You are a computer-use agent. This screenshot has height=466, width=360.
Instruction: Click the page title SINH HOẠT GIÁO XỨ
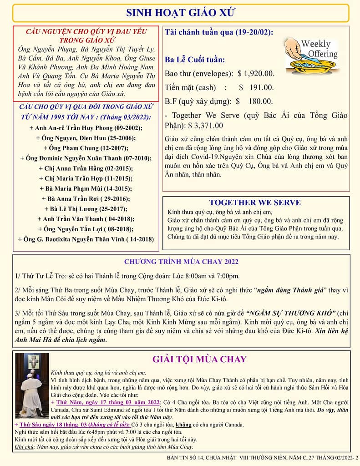[180, 13]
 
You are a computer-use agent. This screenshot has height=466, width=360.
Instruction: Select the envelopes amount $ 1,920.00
[256, 73]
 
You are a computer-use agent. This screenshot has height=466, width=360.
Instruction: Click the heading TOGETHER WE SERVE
[255, 203]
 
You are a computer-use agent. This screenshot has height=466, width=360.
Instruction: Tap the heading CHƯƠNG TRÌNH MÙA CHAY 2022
[181, 262]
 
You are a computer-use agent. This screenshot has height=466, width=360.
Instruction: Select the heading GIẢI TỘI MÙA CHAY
[199, 360]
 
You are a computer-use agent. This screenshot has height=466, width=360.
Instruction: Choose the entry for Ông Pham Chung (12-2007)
[86, 148]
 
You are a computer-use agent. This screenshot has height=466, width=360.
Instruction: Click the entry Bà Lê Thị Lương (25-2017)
[86, 209]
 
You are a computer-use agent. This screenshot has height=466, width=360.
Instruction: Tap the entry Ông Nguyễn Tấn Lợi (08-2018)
[86, 228]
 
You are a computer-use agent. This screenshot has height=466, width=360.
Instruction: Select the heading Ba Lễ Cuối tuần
[195, 60]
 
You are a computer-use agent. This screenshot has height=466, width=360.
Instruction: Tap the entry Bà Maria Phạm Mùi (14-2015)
[86, 188]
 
